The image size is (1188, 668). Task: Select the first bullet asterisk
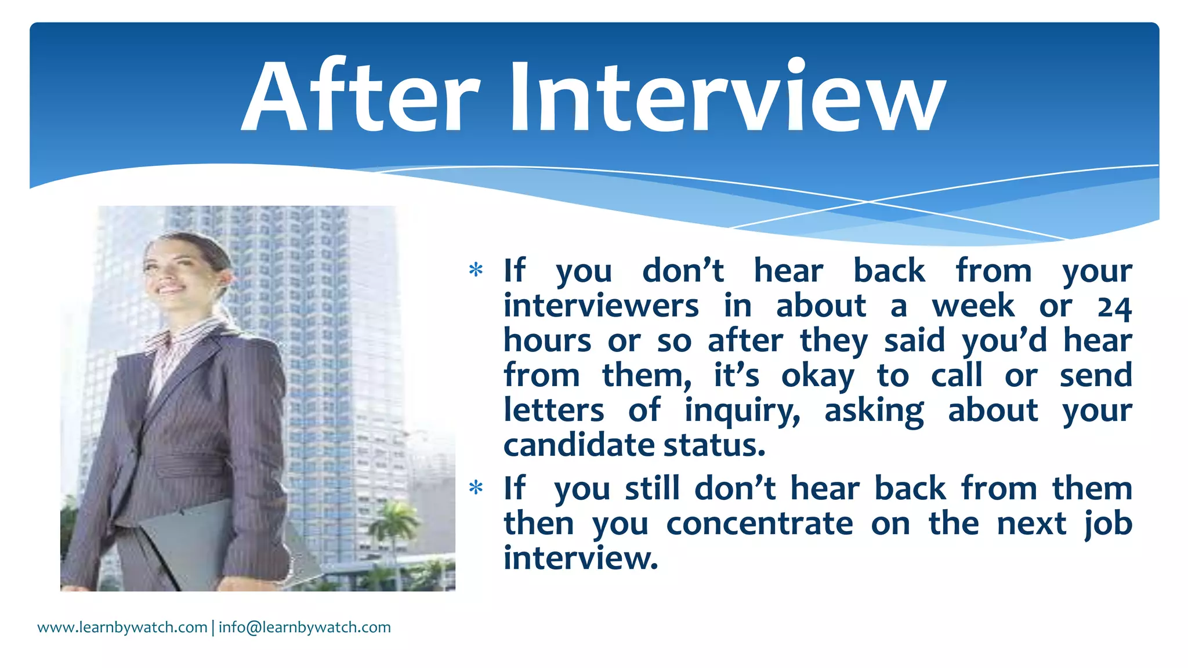point(476,270)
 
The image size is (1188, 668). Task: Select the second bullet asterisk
point(476,488)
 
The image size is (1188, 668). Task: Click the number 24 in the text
point(1114,307)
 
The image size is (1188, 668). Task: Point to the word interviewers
point(601,306)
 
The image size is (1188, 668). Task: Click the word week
point(973,306)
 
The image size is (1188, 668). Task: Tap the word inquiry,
point(742,411)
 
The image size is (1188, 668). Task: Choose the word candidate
point(579,445)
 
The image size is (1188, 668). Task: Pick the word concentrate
point(759,524)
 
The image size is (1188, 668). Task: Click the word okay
point(818,376)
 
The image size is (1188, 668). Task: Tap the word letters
point(553,411)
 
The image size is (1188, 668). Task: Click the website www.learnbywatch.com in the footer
point(122,627)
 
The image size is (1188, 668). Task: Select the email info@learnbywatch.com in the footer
point(305,627)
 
